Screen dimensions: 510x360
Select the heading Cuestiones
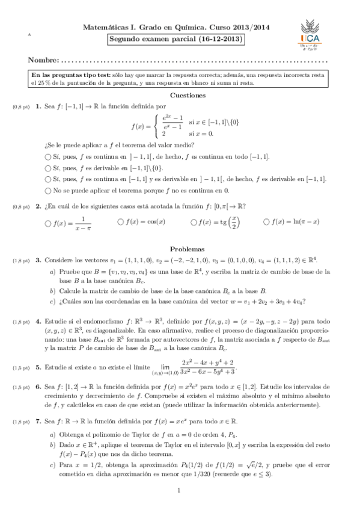pos(188,95)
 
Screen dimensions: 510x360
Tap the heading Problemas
pos(188,248)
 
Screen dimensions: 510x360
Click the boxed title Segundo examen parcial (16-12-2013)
pos(176,40)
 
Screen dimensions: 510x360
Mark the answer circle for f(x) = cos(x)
pos(121,222)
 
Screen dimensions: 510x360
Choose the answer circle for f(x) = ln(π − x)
pos(266,222)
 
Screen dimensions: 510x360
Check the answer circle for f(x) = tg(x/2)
pos(194,222)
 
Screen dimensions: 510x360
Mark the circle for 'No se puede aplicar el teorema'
pos(48,190)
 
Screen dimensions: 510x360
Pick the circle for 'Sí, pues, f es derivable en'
pos(48,167)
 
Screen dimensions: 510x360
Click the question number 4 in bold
pos(38,321)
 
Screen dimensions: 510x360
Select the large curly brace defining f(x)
pos(157,127)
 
